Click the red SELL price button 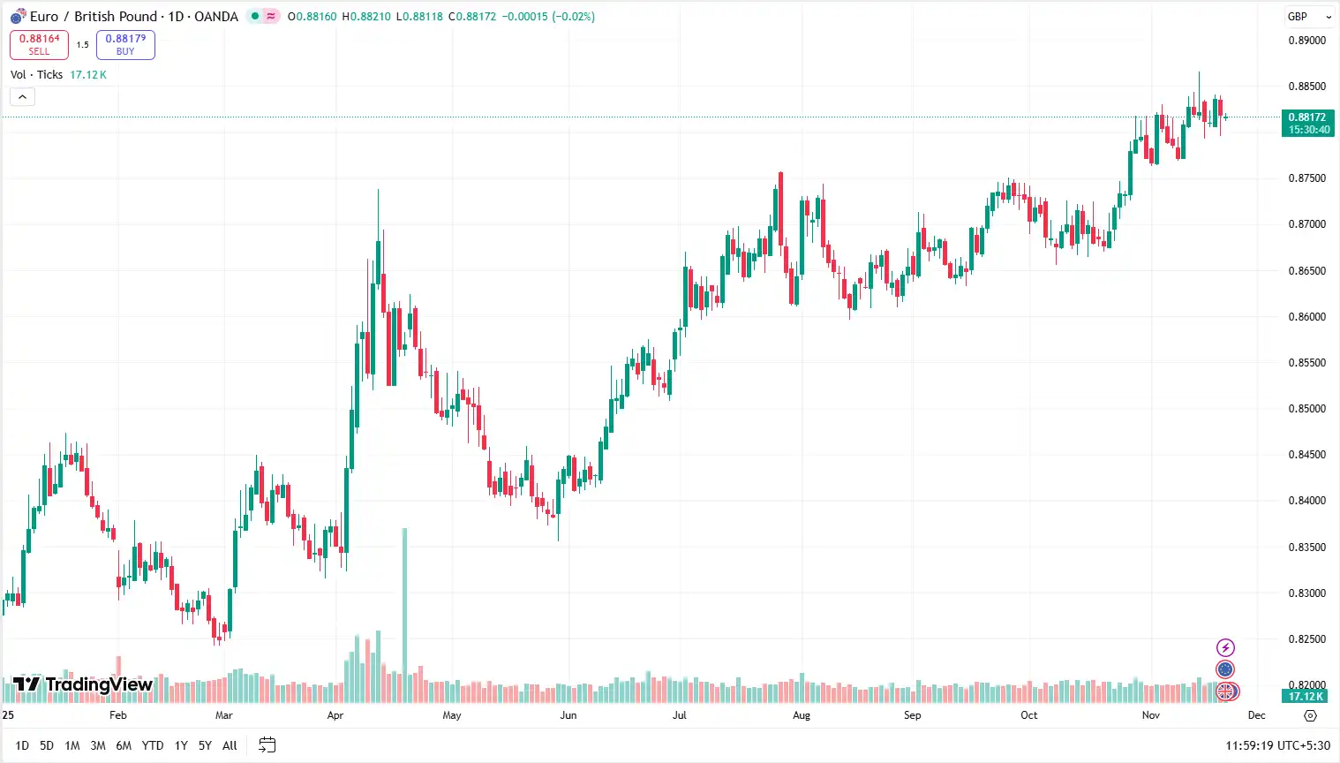click(39, 44)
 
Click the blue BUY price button click(125, 44)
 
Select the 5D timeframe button click(47, 745)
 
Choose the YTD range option click(153, 745)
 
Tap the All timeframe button click(230, 745)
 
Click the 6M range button click(124, 745)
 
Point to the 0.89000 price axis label click(1306, 41)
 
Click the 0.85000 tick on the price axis click(1306, 409)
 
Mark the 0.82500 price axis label click(1306, 639)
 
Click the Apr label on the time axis click(335, 715)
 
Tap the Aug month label click(802, 715)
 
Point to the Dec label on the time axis click(1257, 715)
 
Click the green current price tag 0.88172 click(1307, 123)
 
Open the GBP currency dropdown click(1307, 17)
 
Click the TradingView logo click(83, 684)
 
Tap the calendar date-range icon click(267, 745)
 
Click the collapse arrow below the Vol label click(22, 96)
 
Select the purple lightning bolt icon click(1225, 648)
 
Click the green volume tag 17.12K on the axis click(1306, 697)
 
